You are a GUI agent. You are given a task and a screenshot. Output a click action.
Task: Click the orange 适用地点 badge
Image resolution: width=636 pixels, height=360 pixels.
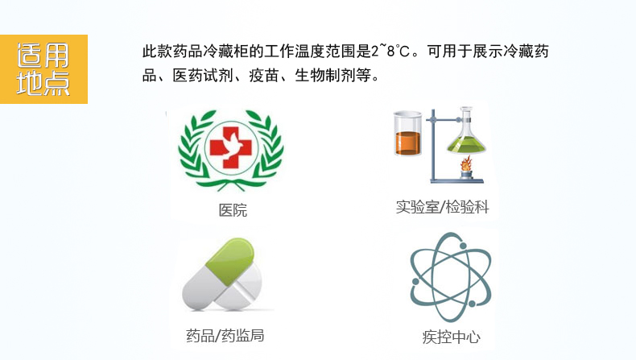pyautogui.click(x=43, y=69)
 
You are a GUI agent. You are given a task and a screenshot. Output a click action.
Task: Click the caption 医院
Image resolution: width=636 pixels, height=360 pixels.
pyautogui.click(x=233, y=211)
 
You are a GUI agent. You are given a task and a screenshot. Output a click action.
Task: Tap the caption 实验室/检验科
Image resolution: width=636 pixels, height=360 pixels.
pyautogui.click(x=442, y=207)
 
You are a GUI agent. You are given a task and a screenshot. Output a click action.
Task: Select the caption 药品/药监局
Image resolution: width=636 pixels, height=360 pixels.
pyautogui.click(x=225, y=334)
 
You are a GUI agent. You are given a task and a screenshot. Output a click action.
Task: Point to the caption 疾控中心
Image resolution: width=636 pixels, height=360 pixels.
pyautogui.click(x=451, y=337)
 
